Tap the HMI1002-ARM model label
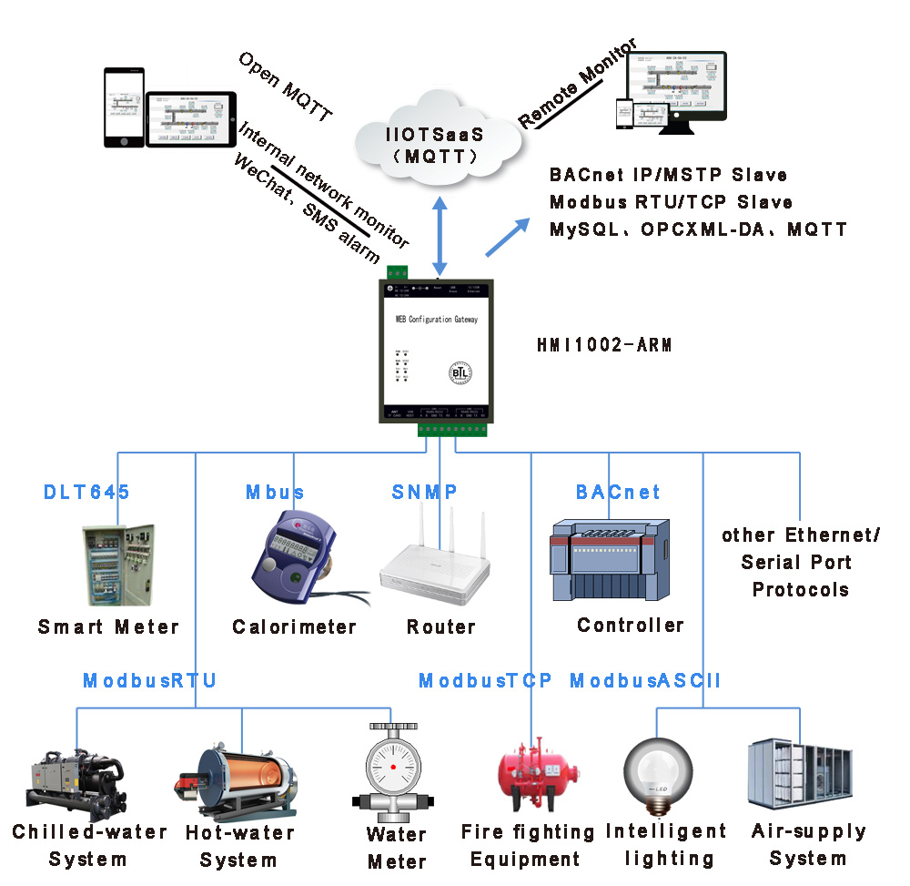click(603, 347)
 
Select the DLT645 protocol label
click(87, 493)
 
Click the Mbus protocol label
click(275, 493)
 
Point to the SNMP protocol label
click(424, 493)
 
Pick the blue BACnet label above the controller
click(618, 493)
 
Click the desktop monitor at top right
click(692, 87)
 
